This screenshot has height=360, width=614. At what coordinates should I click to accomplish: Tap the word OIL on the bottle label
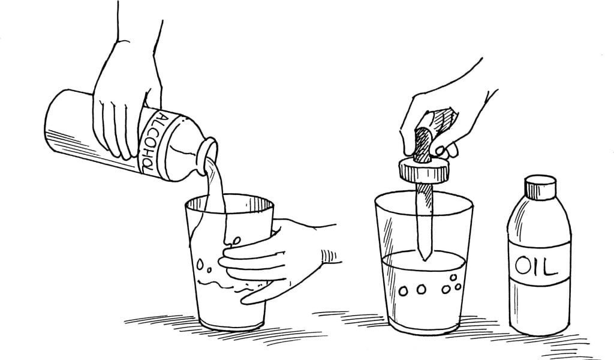pyautogui.click(x=535, y=266)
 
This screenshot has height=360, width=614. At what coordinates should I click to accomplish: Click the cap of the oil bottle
pyautogui.click(x=540, y=187)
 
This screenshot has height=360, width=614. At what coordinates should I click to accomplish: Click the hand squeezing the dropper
pyautogui.click(x=446, y=118)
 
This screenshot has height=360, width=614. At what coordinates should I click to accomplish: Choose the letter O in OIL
pyautogui.click(x=523, y=266)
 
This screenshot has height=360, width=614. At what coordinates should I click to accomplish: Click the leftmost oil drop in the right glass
pyautogui.click(x=403, y=292)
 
